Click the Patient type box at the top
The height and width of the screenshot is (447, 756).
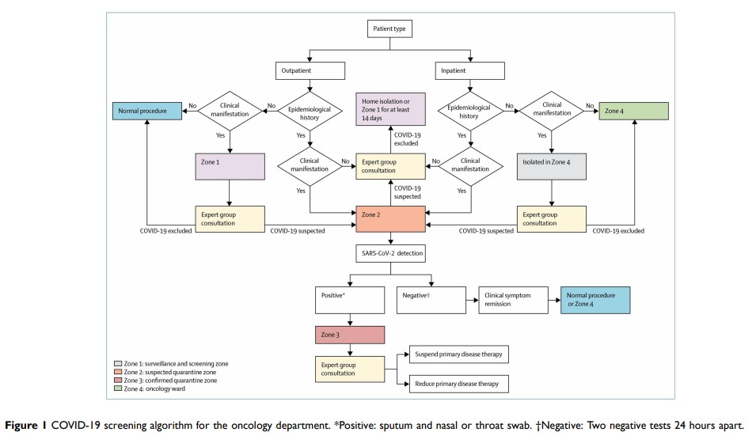(391, 30)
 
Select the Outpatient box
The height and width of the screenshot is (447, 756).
(310, 70)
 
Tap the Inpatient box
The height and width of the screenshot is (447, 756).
(470, 70)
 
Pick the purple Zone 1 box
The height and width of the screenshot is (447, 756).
(228, 165)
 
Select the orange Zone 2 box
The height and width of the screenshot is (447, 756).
(391, 219)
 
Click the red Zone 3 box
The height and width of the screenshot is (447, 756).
(350, 336)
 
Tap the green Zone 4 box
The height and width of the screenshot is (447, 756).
(633, 111)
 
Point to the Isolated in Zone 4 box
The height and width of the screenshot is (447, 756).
(552, 165)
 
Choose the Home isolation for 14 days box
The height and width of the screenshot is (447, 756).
(391, 108)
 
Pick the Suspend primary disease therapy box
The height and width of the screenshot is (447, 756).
(458, 354)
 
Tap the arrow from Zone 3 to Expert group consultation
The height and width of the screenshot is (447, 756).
(350, 350)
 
